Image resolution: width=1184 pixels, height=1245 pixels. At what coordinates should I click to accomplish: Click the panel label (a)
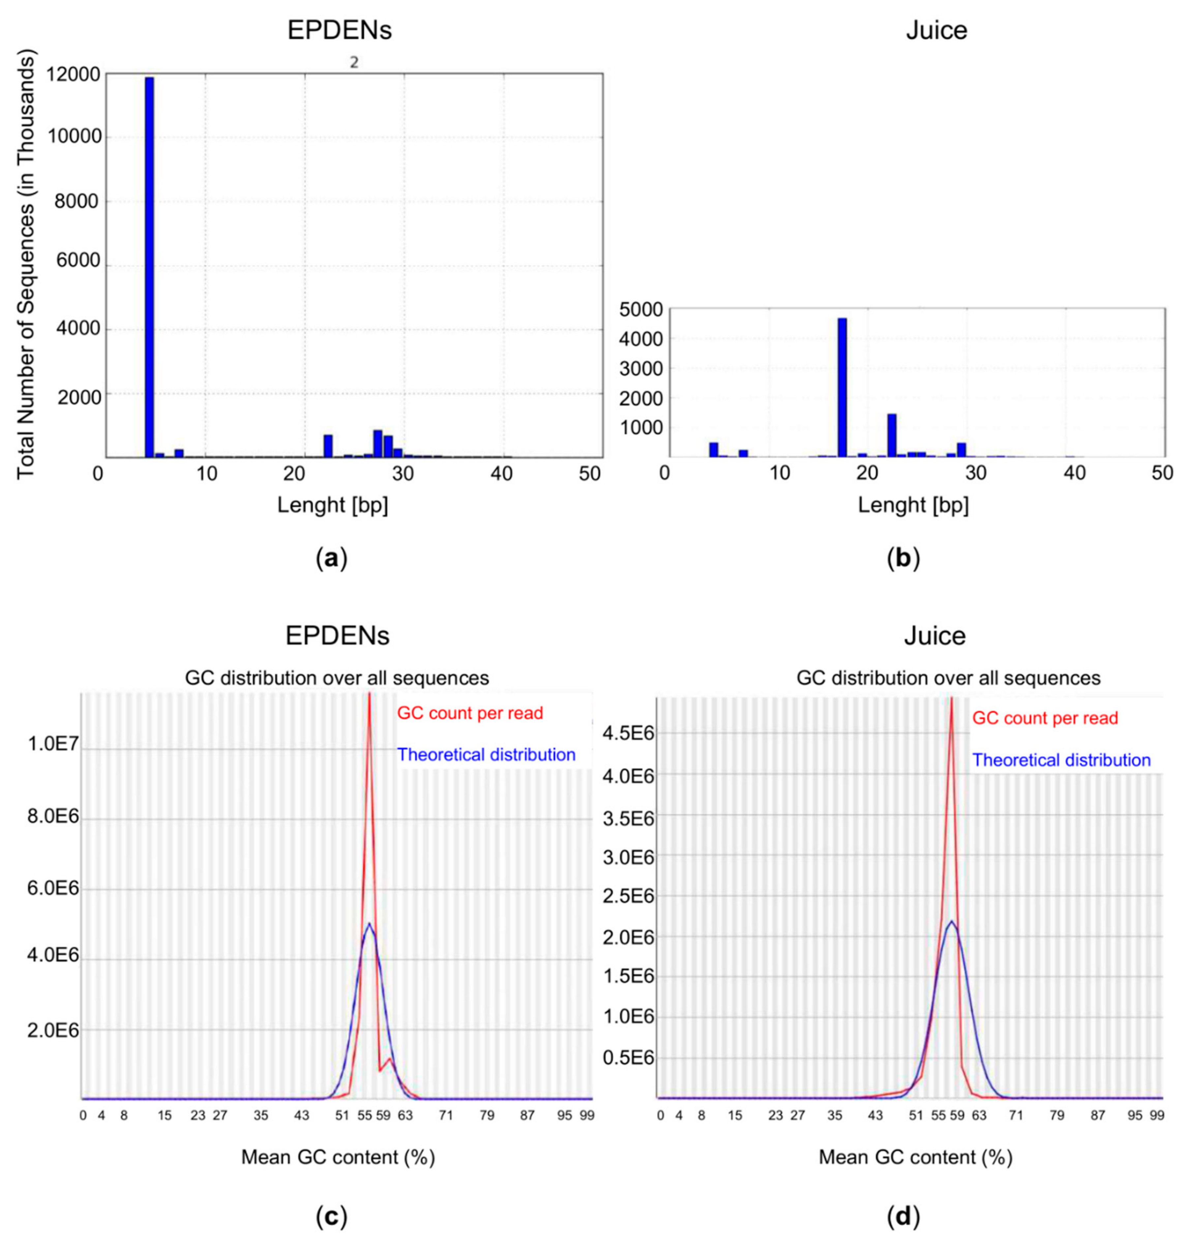point(331,559)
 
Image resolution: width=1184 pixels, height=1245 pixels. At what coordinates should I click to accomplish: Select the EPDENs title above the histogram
point(340,30)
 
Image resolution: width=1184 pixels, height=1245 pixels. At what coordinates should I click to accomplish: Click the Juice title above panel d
point(935,636)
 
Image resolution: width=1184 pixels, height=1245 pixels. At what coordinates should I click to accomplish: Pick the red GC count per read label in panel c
point(470,714)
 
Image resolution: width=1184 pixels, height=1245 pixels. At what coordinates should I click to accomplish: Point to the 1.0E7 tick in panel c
point(53,744)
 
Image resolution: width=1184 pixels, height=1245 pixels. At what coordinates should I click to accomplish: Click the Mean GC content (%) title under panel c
point(338,1157)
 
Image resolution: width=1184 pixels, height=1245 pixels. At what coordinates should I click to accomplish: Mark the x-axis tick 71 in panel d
point(1016,1115)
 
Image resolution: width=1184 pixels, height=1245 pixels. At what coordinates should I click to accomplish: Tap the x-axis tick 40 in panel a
point(502,473)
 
